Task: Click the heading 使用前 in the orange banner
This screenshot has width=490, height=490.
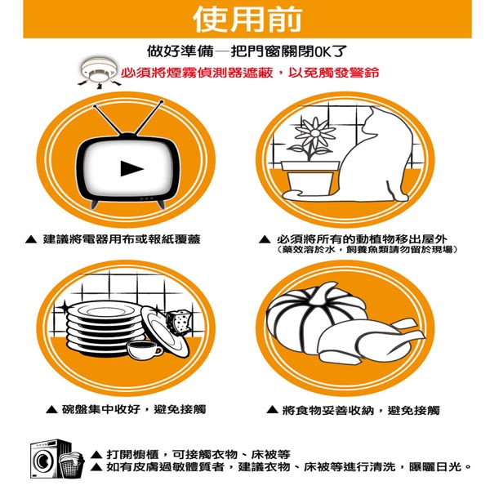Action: click(247, 20)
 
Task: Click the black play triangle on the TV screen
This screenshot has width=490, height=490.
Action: click(131, 168)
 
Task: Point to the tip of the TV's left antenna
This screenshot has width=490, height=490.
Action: click(95, 106)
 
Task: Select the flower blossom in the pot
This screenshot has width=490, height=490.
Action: click(315, 134)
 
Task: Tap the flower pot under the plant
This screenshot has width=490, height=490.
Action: click(310, 177)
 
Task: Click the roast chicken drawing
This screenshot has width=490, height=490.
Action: click(370, 341)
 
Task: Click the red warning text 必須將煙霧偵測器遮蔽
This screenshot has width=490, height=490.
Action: click(197, 73)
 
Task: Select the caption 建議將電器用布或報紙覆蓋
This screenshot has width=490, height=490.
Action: click(122, 239)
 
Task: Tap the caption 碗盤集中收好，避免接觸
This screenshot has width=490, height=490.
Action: click(134, 409)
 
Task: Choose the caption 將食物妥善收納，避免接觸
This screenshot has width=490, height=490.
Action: click(361, 410)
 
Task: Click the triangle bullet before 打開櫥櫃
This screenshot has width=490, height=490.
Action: click(97, 454)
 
